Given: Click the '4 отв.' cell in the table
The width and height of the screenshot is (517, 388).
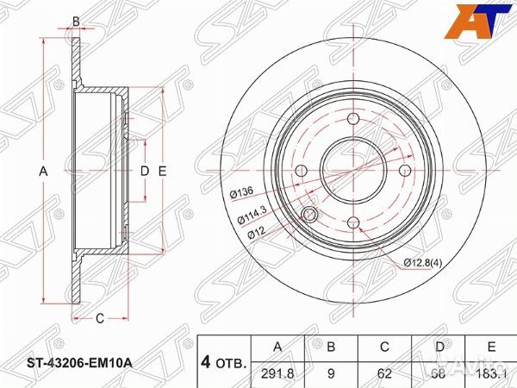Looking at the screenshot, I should coord(223,362).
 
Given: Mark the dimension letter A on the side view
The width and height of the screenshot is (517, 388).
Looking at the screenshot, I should coord(43,172).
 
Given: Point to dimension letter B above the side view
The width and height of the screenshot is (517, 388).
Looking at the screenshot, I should coord(76,22).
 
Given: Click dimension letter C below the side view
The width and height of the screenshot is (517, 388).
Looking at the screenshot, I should coord(99,318).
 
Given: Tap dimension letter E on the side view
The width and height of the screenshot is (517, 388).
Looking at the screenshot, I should coord(161,172).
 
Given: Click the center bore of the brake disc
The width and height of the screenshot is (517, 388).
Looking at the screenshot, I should coord(353,171).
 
